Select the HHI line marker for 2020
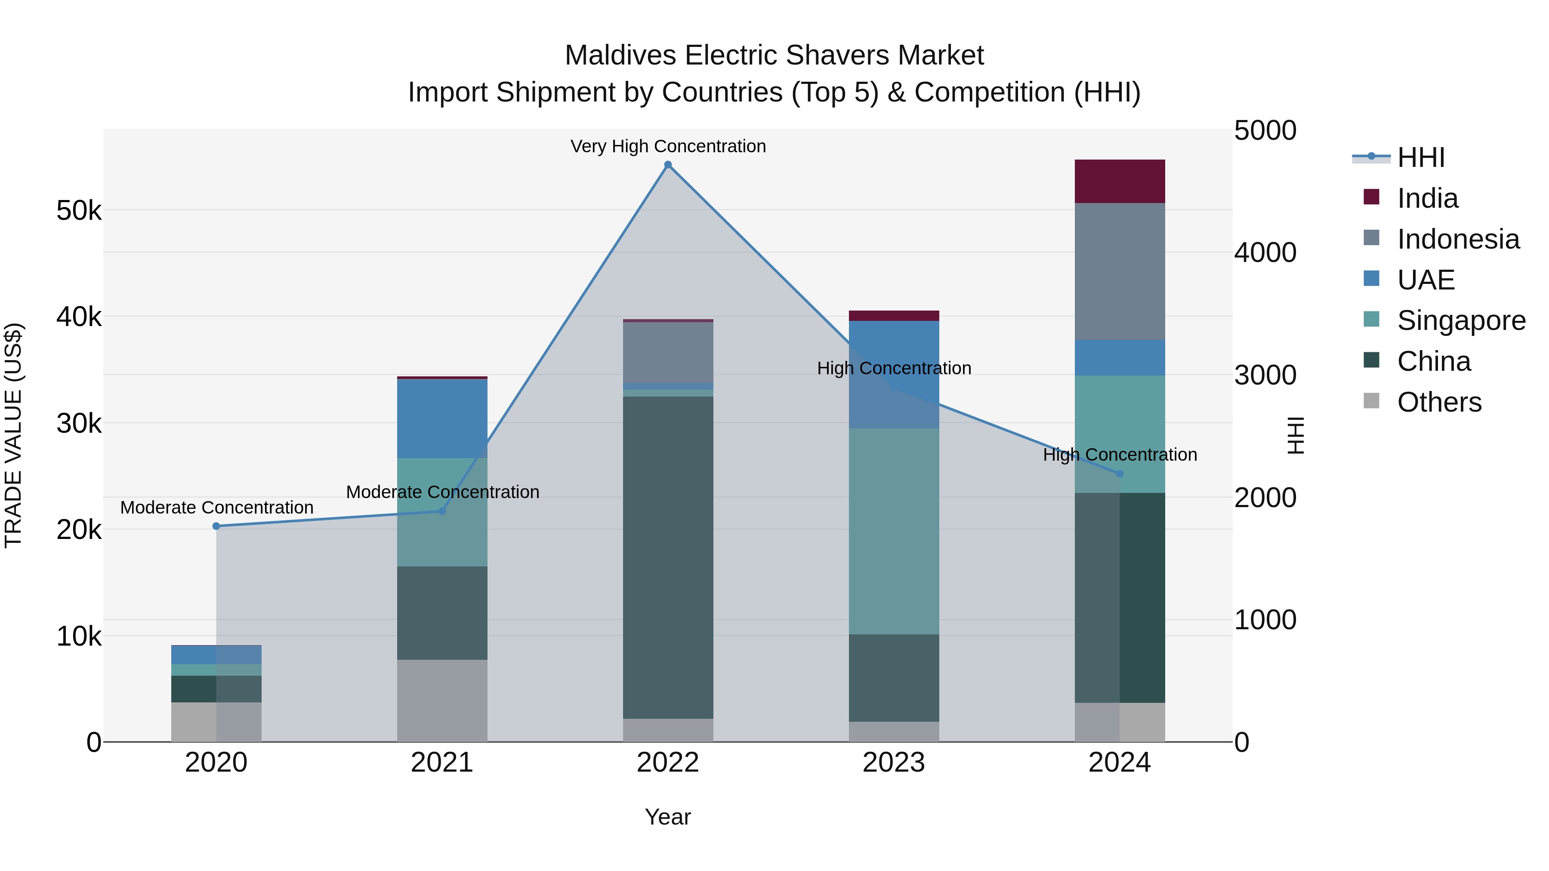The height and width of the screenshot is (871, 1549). [x=216, y=526]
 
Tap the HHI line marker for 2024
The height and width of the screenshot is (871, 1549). [x=1120, y=474]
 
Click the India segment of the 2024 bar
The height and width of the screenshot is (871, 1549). [x=1120, y=181]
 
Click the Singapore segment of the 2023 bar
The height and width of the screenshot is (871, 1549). [x=894, y=531]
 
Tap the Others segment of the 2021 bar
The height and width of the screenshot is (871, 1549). [x=442, y=701]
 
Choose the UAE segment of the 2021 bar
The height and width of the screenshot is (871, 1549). [x=442, y=419]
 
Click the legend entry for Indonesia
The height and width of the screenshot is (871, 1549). [x=1458, y=239]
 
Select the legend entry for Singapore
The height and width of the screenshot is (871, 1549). [x=1461, y=320]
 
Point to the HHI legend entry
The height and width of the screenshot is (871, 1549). [x=1420, y=157]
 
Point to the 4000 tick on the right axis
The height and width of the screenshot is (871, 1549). [x=1265, y=252]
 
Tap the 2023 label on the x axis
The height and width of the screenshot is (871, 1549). [x=894, y=763]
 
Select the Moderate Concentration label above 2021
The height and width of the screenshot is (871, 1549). [x=443, y=492]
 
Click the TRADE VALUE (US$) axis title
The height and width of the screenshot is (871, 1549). [x=13, y=435]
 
